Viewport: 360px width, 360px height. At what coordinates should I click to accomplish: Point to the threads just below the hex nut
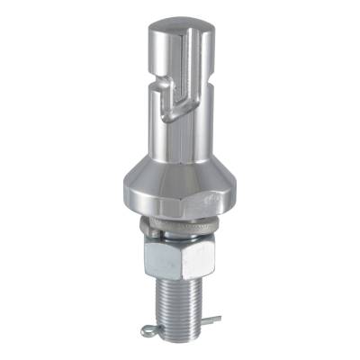pyautogui.click(x=180, y=292)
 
